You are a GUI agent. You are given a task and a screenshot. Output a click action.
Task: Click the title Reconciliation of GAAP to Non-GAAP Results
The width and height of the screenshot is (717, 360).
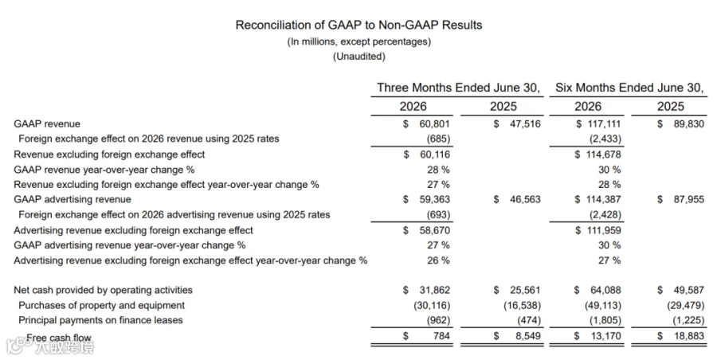tap(358, 25)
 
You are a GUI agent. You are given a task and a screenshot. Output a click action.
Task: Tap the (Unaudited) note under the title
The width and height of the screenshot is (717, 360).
tap(359, 57)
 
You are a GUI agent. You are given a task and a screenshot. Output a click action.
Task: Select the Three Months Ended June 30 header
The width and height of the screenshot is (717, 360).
tap(458, 88)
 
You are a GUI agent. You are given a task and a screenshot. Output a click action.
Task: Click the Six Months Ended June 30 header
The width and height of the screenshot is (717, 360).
tap(629, 88)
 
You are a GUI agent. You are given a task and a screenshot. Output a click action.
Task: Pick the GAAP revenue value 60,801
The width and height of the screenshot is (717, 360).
tap(434, 124)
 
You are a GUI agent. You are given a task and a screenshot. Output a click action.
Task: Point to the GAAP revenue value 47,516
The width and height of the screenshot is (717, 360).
tap(525, 124)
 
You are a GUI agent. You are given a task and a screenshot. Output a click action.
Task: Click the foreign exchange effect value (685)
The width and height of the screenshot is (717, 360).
tap(438, 139)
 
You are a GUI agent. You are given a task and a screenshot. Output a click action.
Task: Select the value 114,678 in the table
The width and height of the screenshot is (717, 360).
tap(604, 155)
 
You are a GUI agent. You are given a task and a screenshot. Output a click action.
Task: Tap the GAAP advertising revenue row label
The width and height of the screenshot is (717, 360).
tap(72, 199)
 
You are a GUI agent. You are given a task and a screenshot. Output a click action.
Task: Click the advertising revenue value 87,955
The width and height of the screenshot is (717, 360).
tap(688, 199)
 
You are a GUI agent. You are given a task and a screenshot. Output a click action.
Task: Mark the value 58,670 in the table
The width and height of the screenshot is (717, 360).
tap(434, 230)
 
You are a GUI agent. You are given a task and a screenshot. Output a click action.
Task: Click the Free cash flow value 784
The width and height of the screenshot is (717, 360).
tap(441, 336)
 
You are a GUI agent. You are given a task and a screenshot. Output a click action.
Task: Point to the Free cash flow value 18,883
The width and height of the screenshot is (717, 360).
tap(688, 336)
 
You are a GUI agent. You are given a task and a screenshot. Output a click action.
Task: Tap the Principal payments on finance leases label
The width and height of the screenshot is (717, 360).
tap(100, 320)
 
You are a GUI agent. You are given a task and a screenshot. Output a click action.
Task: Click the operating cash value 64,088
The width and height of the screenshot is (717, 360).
tap(605, 290)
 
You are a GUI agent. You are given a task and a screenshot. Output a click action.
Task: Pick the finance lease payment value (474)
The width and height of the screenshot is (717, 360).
tap(529, 320)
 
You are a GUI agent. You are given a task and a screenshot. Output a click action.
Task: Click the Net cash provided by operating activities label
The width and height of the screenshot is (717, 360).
tap(103, 290)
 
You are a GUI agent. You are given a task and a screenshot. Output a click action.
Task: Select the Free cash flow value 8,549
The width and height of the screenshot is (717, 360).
tap(527, 336)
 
